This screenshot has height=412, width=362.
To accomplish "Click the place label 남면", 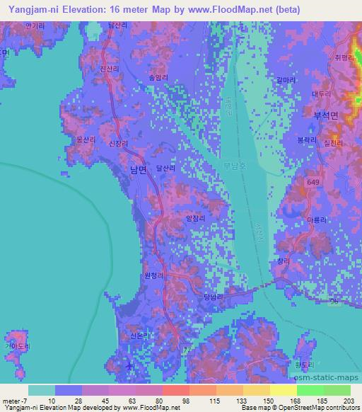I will [138, 170].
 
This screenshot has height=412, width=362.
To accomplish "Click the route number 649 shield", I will [312, 183].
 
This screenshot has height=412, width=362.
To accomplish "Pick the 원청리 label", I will [153, 275].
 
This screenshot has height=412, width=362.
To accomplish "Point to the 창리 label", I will [284, 261].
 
